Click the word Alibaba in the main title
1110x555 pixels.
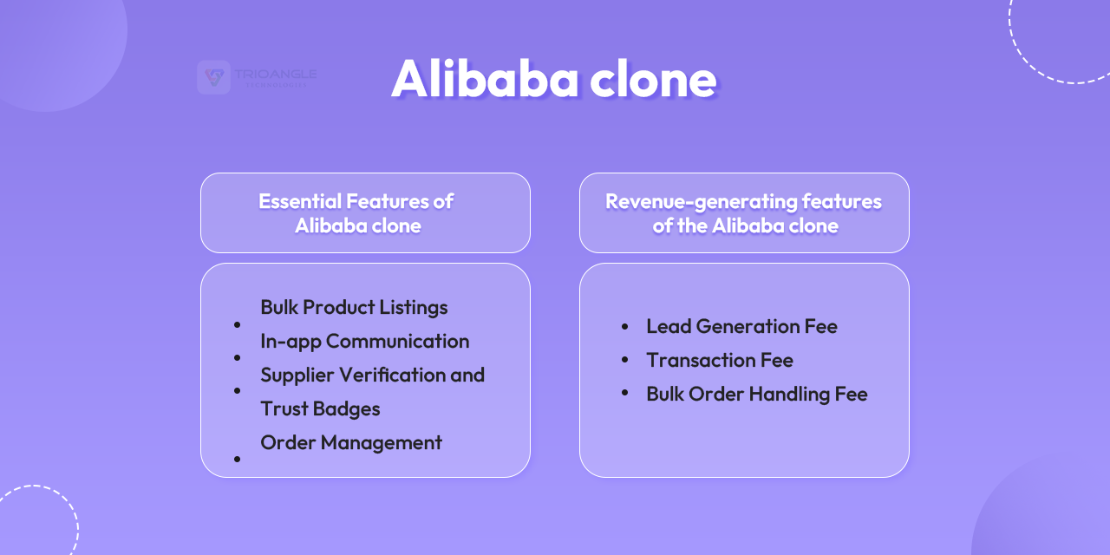485,79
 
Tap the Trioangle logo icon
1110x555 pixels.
213,77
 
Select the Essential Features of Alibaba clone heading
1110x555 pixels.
356,213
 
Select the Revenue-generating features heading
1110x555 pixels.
743,213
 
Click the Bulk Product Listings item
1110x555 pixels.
354,307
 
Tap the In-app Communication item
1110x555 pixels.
364,341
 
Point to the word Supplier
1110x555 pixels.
295,375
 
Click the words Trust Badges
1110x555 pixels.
320,408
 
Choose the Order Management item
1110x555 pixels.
351,442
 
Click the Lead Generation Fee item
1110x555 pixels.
741,326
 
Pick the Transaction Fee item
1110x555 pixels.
719,360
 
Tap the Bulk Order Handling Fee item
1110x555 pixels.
756,394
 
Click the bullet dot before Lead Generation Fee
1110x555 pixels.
624,327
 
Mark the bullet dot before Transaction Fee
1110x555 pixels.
624,360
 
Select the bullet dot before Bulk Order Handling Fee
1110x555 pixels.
624,394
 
